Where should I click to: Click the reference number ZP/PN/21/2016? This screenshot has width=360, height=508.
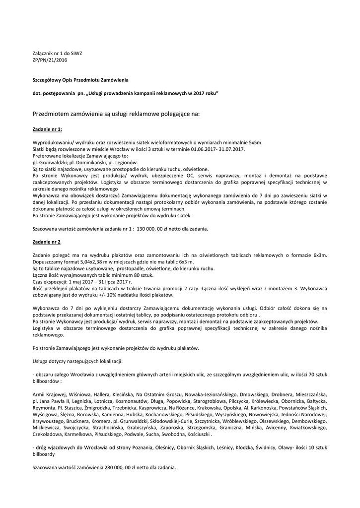[x=50, y=60]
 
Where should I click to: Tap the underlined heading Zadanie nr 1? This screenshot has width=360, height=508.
[x=47, y=129]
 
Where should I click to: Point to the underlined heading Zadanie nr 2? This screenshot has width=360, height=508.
[x=46, y=242]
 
